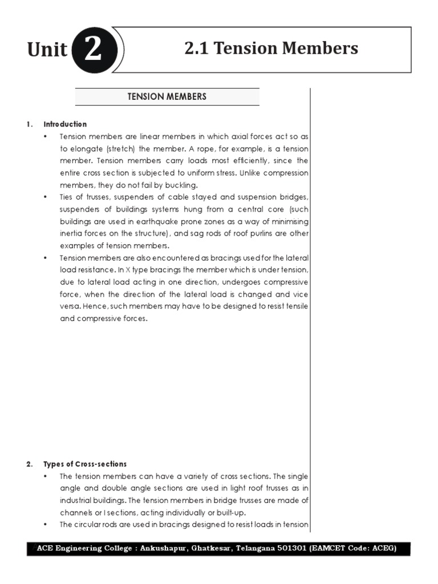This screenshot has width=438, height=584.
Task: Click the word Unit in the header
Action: (x=47, y=50)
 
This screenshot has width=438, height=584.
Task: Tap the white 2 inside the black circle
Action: (x=92, y=49)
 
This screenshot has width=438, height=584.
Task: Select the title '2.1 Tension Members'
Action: (x=271, y=48)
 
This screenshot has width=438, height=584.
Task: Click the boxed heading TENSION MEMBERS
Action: (x=167, y=96)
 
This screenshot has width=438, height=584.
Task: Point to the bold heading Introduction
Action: (x=65, y=124)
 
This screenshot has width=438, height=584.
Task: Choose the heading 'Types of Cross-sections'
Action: (x=86, y=464)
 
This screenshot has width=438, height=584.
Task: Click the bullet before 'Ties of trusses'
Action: (x=46, y=197)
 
